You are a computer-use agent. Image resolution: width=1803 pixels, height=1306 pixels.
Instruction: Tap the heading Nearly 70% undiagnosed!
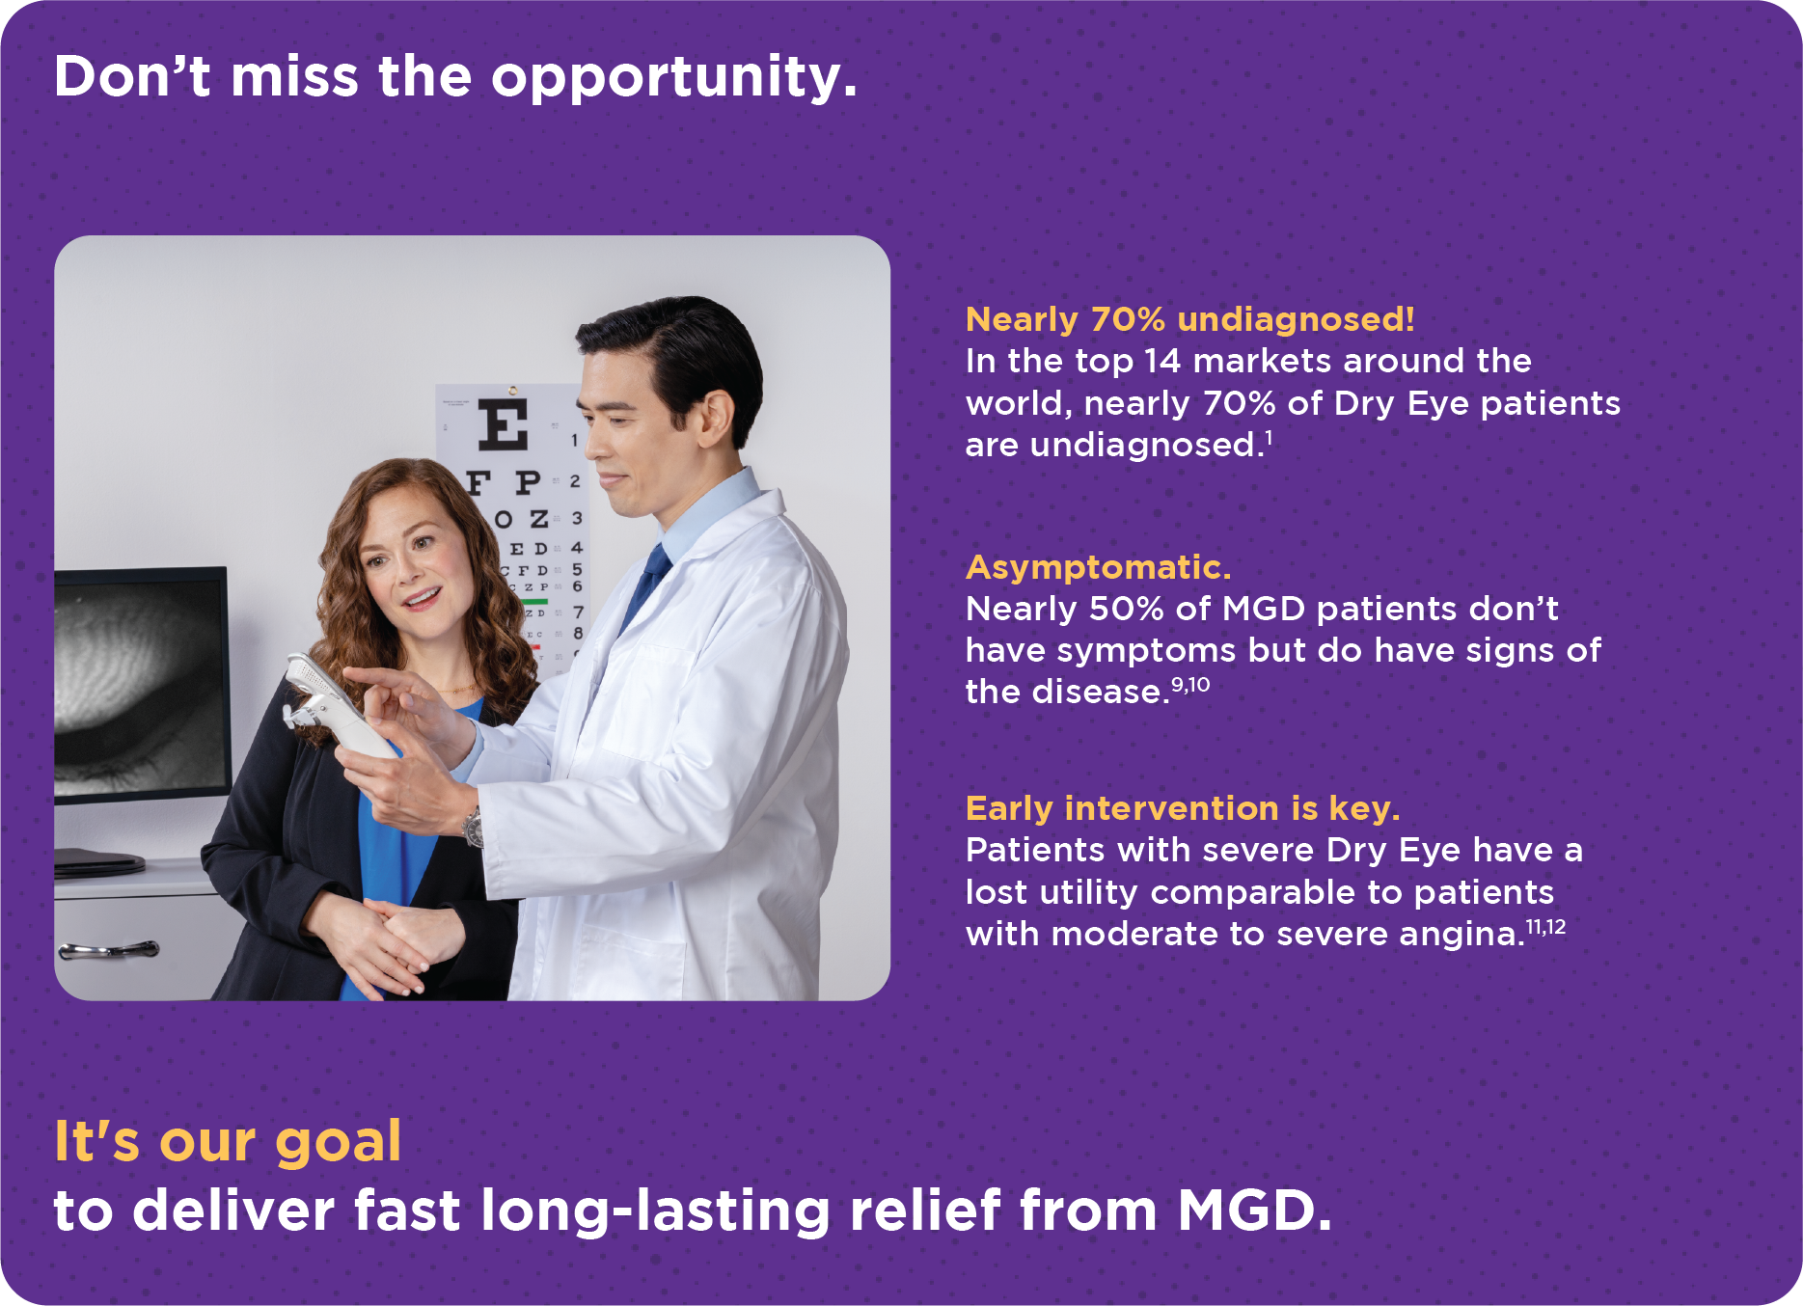point(1190,319)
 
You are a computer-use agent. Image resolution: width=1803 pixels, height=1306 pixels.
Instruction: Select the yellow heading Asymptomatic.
point(1099,567)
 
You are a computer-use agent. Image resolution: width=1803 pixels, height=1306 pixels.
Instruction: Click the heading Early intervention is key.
point(1183,808)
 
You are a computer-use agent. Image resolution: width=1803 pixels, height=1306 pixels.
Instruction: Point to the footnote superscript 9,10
point(1190,685)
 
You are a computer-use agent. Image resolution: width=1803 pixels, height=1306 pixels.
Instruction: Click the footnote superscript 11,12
point(1545,927)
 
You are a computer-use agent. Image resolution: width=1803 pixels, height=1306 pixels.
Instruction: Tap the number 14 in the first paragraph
point(1162,361)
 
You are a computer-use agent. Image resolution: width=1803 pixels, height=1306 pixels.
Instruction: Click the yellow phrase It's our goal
point(228,1143)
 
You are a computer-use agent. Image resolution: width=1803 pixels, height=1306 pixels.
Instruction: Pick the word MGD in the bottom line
point(1254,1211)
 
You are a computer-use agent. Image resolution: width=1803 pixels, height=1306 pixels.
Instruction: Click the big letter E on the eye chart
point(504,425)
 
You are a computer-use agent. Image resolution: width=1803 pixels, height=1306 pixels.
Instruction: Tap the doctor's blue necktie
point(644,584)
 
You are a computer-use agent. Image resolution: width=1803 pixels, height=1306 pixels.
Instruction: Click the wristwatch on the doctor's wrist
point(473,827)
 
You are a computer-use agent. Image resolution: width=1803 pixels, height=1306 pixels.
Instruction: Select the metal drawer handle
point(107,950)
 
